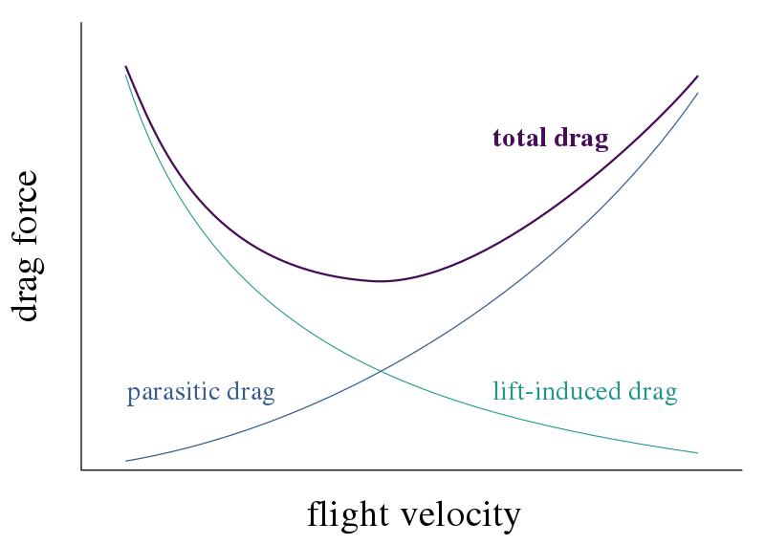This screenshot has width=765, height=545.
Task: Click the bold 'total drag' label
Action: coord(550,139)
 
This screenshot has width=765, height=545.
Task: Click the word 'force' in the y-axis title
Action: coord(27,207)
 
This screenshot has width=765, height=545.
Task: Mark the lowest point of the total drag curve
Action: coord(381,281)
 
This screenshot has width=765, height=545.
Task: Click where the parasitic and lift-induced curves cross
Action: coord(382,370)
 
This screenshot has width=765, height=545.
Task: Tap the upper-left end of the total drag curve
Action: coord(125,67)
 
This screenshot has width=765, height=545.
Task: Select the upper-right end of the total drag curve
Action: coord(697,76)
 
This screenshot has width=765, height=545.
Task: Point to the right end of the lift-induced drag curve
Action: coord(697,453)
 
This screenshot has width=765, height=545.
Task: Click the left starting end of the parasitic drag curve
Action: coord(125,462)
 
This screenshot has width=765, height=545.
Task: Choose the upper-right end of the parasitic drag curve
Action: coord(697,93)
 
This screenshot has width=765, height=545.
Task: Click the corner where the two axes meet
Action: coord(81,470)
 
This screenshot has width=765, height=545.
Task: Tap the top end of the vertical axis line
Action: coord(81,23)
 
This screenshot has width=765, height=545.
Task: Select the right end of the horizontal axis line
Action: coord(742,470)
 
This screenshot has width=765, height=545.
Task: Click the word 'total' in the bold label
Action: coord(520,139)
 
